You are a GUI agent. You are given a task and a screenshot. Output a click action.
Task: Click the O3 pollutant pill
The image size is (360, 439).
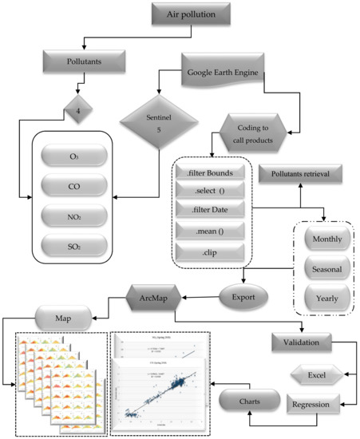74,154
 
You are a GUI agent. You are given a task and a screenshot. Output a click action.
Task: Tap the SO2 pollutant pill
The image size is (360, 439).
74,246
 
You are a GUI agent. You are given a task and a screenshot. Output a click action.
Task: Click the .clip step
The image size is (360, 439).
208,255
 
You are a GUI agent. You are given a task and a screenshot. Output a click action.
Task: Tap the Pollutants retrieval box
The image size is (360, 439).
294,174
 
